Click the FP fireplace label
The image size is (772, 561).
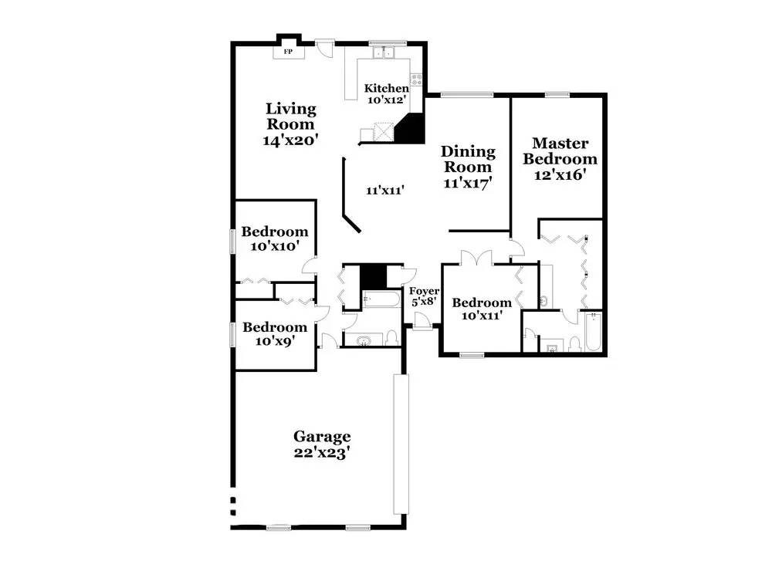click(288, 52)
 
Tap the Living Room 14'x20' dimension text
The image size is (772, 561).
click(291, 140)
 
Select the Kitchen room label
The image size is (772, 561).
click(387, 88)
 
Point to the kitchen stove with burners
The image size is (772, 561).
click(417, 79)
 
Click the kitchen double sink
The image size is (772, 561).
click(383, 52)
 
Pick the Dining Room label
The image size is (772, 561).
click(468, 158)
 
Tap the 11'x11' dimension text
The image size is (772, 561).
click(385, 190)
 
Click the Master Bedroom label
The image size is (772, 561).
click(560, 151)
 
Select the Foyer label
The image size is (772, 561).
click(424, 291)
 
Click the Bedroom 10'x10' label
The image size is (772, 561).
click(275, 238)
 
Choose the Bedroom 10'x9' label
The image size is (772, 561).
click(275, 333)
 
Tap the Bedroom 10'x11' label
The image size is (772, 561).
click(482, 309)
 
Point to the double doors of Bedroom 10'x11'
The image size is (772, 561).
click(476, 258)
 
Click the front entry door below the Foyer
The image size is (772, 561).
click(422, 322)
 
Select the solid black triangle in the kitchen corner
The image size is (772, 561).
click(412, 130)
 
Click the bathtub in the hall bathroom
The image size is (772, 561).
click(381, 299)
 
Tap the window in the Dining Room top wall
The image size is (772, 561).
click(467, 94)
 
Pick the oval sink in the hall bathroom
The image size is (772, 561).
click(364, 340)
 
